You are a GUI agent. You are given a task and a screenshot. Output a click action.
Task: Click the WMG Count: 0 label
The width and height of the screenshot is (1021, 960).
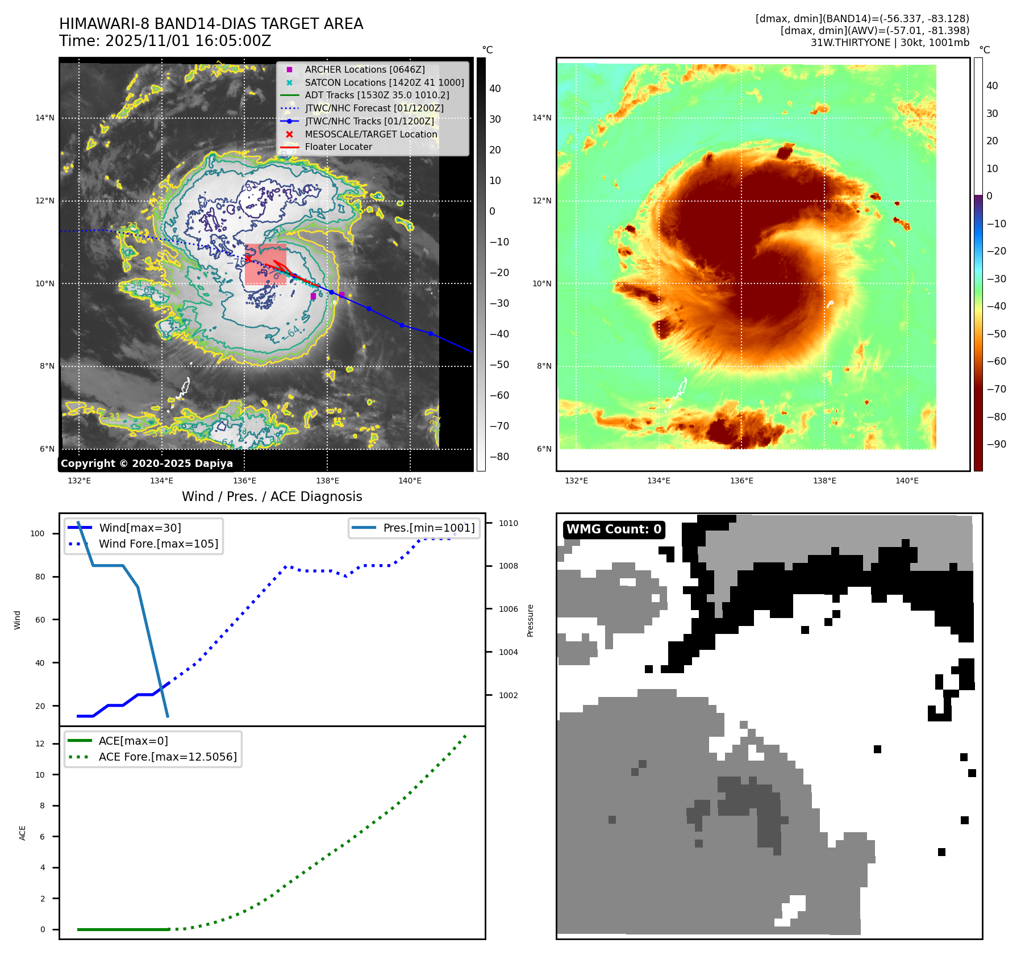(x=614, y=529)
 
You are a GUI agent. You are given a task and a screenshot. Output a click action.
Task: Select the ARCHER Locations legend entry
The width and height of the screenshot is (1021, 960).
(x=364, y=69)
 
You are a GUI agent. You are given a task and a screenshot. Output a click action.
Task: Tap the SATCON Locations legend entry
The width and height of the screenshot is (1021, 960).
(x=384, y=82)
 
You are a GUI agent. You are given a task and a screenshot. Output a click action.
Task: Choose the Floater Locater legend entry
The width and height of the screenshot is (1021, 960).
(x=338, y=147)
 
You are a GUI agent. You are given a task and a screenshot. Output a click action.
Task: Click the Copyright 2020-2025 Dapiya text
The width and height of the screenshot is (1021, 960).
(x=147, y=464)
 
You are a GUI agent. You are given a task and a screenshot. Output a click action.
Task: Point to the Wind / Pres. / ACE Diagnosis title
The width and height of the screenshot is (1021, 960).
(x=272, y=496)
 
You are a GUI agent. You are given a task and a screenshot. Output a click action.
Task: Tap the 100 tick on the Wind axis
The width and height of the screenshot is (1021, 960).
(x=37, y=533)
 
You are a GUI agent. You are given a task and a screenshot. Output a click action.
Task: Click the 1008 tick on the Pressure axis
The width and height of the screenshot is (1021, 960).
(x=509, y=566)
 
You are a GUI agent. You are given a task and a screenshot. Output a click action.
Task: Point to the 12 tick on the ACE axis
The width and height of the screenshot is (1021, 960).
(x=40, y=744)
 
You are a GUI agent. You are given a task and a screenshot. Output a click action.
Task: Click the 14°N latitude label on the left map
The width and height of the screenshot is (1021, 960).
(x=45, y=118)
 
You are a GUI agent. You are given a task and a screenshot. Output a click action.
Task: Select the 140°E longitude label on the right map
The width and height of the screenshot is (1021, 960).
(x=907, y=481)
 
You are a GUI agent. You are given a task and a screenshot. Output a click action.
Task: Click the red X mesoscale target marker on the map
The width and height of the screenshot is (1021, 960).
(x=248, y=258)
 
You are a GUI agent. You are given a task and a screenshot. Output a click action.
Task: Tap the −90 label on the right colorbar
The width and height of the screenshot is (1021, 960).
(x=996, y=444)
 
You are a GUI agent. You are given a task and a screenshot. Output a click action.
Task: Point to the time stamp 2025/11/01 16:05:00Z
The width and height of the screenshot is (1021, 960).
(x=188, y=41)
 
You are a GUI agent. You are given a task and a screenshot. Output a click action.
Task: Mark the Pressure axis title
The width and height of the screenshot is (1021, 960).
(x=530, y=620)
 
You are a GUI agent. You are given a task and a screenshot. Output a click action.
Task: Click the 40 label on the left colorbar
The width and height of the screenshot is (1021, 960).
(x=495, y=89)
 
